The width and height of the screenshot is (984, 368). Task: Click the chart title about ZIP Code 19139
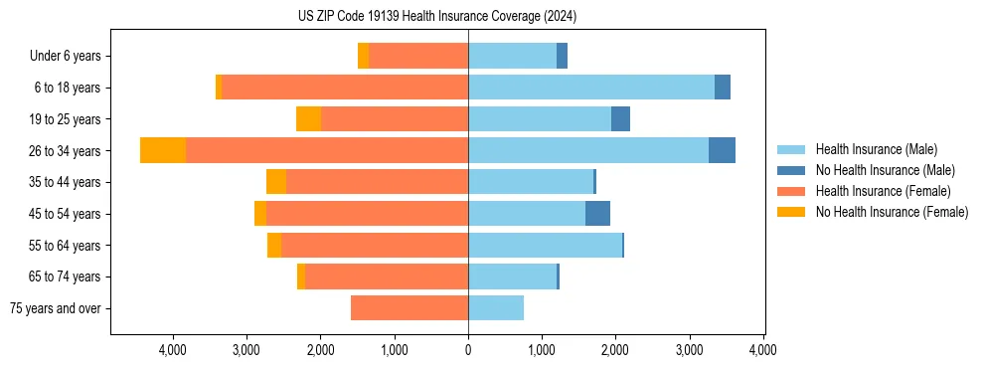click(x=436, y=17)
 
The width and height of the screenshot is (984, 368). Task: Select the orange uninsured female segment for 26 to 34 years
click(x=163, y=150)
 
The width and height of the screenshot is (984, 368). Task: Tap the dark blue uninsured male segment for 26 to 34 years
click(x=722, y=150)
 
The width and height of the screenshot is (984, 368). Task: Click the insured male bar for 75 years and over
click(x=496, y=308)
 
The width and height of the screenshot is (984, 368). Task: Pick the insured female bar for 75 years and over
click(x=410, y=308)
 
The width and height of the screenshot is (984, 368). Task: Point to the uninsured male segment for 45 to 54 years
click(x=597, y=213)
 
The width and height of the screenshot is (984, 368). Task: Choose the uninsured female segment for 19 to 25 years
click(x=309, y=119)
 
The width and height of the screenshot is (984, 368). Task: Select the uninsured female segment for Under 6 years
click(x=364, y=56)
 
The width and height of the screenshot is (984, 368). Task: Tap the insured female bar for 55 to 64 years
click(x=375, y=245)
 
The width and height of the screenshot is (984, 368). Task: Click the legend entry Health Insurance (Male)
click(x=876, y=149)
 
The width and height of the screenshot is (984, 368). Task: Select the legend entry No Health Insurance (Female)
click(x=892, y=212)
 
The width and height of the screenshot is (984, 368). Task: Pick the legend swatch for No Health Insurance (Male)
click(x=791, y=170)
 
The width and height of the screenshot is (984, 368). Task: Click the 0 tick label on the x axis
click(x=468, y=350)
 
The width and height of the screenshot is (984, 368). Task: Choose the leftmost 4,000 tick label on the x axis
click(x=173, y=350)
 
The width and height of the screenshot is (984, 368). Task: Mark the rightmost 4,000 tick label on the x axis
click(x=763, y=350)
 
